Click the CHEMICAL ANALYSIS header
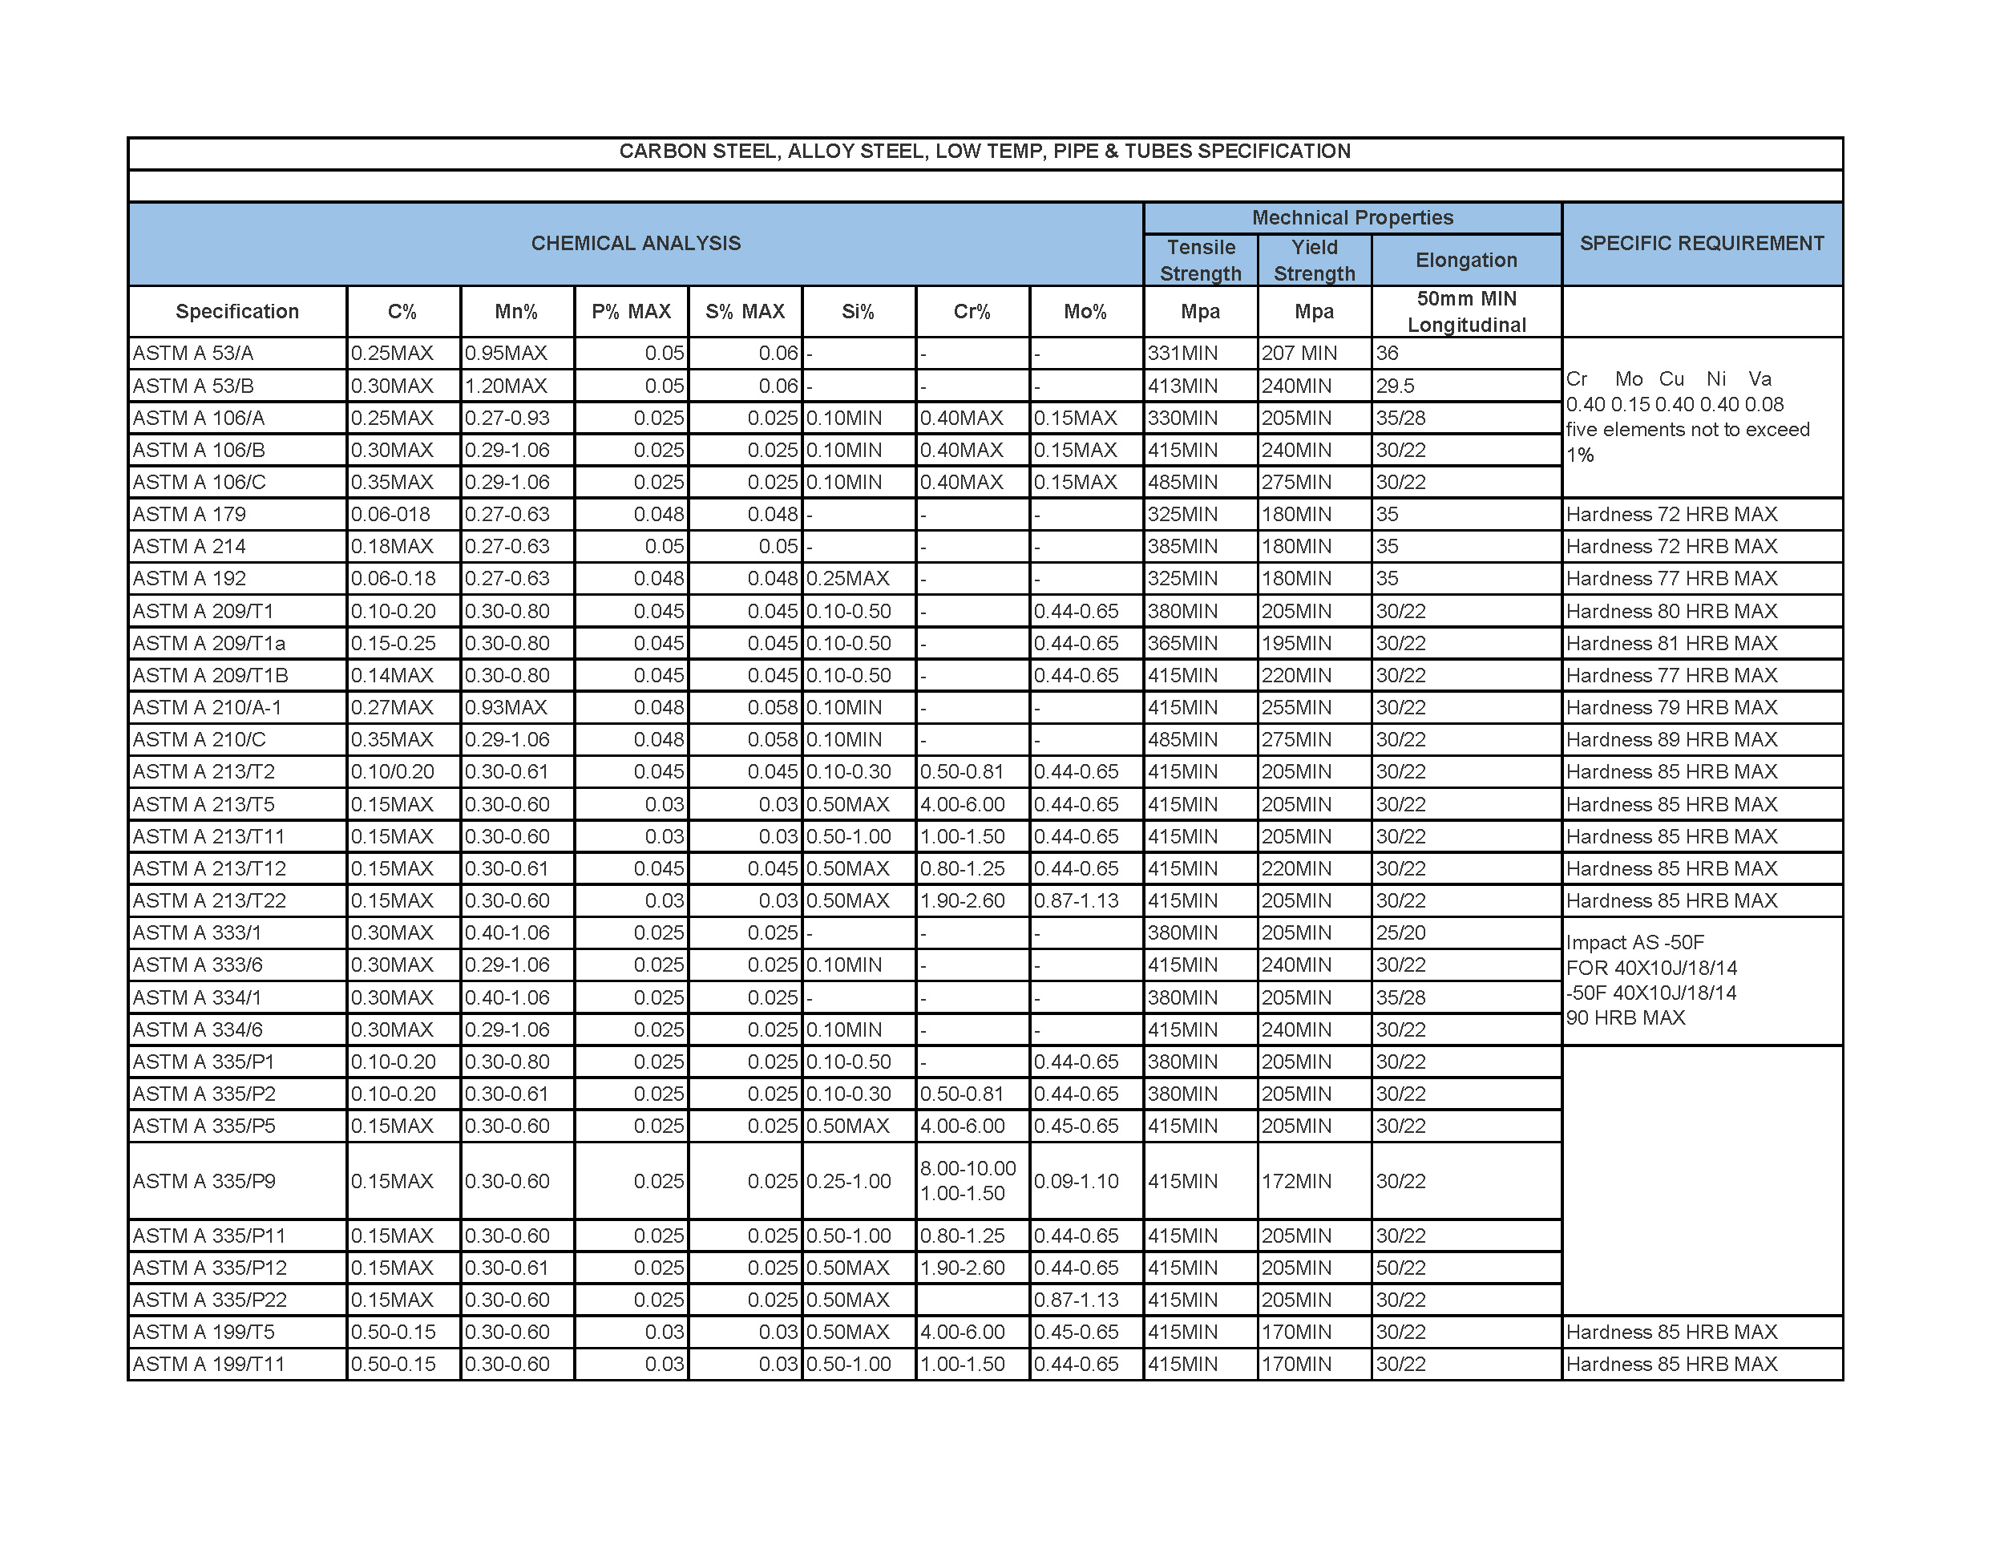[636, 243]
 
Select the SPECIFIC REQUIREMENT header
[1701, 243]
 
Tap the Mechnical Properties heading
[1351, 217]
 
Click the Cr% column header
[972, 312]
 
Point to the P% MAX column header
[632, 312]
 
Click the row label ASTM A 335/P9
[204, 1181]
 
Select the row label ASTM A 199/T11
[209, 1365]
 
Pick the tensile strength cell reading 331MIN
[1183, 354]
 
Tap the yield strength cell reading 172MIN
[1295, 1181]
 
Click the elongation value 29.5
[1395, 386]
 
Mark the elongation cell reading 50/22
[1400, 1268]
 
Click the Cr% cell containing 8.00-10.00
[968, 1168]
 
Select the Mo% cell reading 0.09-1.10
[1077, 1181]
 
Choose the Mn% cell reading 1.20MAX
[506, 386]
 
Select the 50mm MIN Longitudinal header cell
[1466, 312]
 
